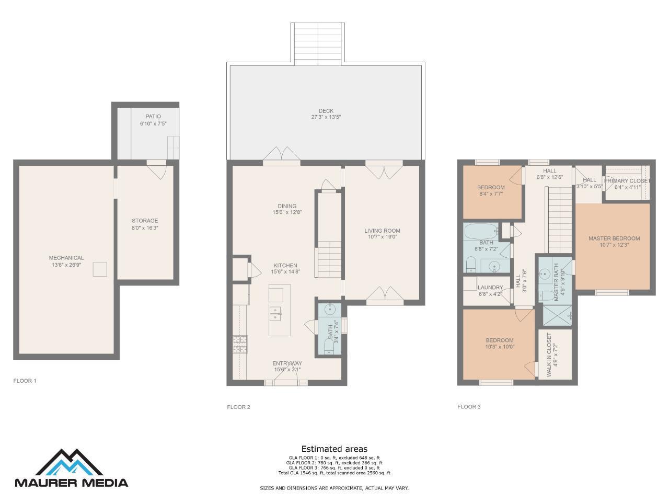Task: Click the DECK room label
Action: tap(326, 111)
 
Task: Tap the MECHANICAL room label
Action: tap(66, 258)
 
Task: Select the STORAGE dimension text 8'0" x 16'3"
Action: tap(145, 227)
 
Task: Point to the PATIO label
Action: tap(153, 117)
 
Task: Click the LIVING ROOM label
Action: tap(382, 231)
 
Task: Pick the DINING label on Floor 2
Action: tap(287, 206)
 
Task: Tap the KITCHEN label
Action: tap(285, 266)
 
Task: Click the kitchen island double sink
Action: tap(275, 314)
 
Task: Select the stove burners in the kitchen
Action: tap(240, 345)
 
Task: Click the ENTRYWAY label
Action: tap(287, 363)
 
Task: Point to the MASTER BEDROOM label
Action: tap(614, 238)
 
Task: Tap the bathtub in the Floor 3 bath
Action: tap(481, 232)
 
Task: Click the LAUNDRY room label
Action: tap(490, 288)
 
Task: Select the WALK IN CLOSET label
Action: tap(549, 355)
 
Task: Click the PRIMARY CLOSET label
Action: tap(627, 181)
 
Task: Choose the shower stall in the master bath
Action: tap(558, 315)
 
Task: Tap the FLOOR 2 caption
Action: tap(238, 407)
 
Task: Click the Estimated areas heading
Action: tap(334, 449)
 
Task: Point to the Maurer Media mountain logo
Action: tap(70, 462)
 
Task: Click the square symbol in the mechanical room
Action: tap(100, 269)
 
